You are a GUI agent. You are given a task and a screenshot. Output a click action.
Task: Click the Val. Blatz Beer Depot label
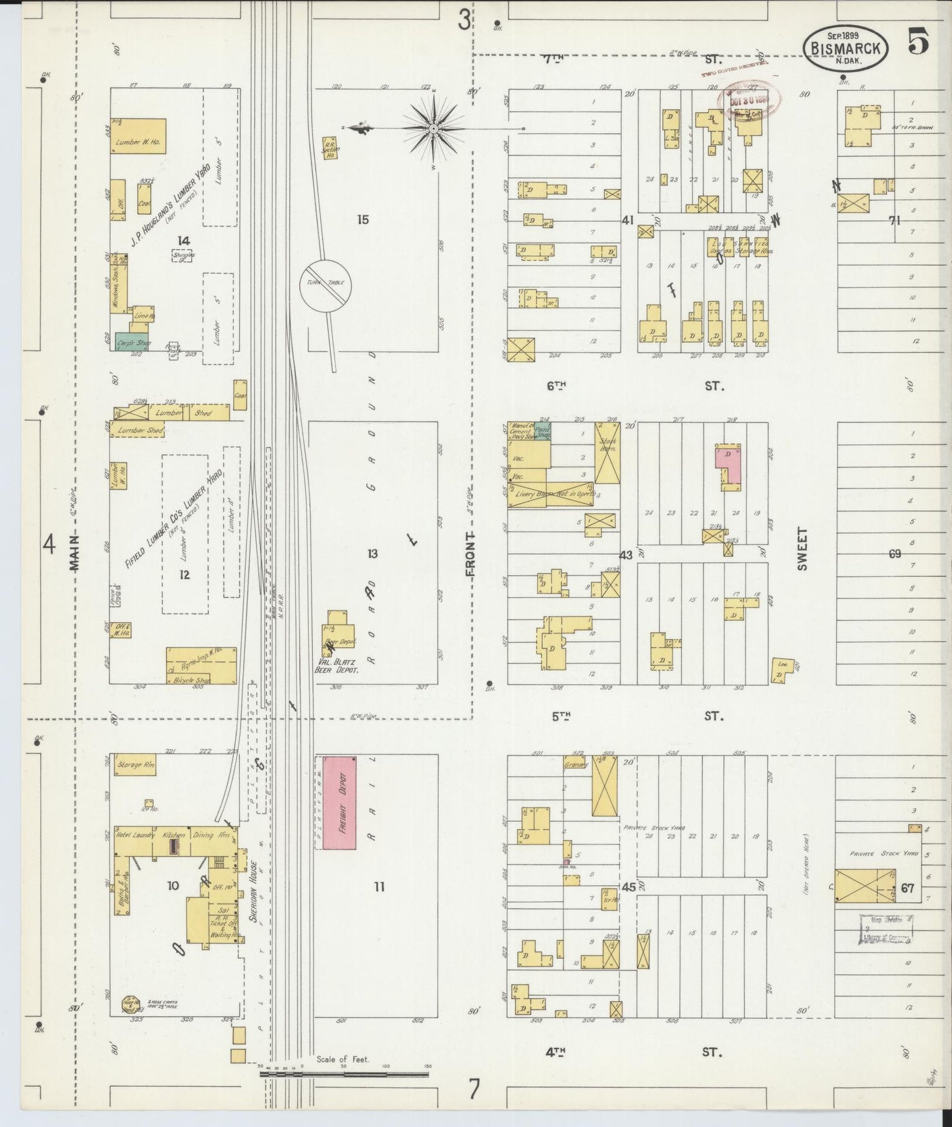click(336, 666)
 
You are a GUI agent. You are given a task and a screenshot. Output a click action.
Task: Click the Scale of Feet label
click(343, 1060)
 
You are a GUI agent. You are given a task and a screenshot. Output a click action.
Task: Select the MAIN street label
click(74, 555)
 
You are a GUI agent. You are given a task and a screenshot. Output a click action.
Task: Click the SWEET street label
click(803, 548)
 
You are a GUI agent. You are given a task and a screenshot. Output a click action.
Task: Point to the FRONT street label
click(470, 555)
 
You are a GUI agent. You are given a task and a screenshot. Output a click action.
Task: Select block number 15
click(362, 219)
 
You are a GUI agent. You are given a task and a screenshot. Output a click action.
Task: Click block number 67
click(908, 888)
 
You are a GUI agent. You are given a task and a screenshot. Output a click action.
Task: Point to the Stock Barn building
click(607, 452)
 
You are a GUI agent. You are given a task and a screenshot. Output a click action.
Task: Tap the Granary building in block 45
click(576, 765)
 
